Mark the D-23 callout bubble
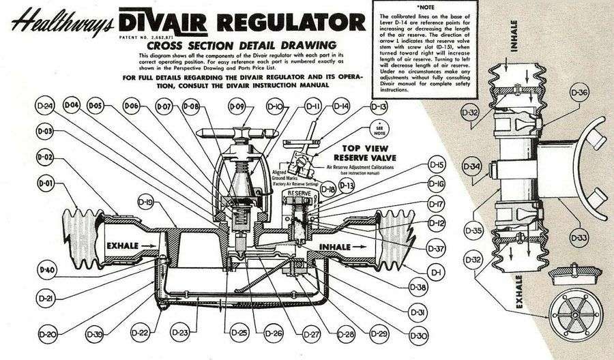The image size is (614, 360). coord(180,332)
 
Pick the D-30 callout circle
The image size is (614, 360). coord(420,335)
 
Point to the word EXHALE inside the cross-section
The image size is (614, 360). coord(122,243)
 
